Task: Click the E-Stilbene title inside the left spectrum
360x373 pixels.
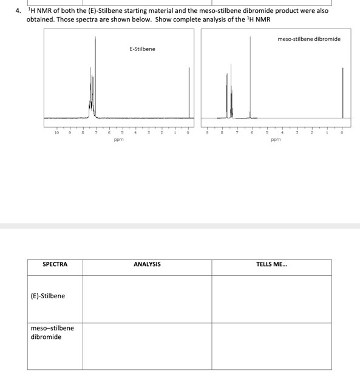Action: [142, 49]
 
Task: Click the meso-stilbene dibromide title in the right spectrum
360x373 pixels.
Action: [309, 39]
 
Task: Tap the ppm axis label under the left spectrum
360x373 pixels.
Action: [118, 139]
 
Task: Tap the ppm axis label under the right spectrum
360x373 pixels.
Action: [276, 139]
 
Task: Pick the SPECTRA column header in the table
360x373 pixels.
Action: [55, 264]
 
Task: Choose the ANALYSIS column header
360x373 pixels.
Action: [147, 264]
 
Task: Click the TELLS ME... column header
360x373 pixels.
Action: [272, 264]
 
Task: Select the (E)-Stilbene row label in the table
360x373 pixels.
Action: [47, 296]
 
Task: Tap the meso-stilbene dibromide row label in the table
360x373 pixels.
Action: [52, 332]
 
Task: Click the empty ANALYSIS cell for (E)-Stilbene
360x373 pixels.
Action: [147, 298]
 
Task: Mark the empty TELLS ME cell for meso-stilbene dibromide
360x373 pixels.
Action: [272, 346]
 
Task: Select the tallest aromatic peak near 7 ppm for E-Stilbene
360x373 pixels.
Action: [95, 73]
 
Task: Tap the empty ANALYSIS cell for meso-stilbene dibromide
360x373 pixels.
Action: [147, 346]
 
